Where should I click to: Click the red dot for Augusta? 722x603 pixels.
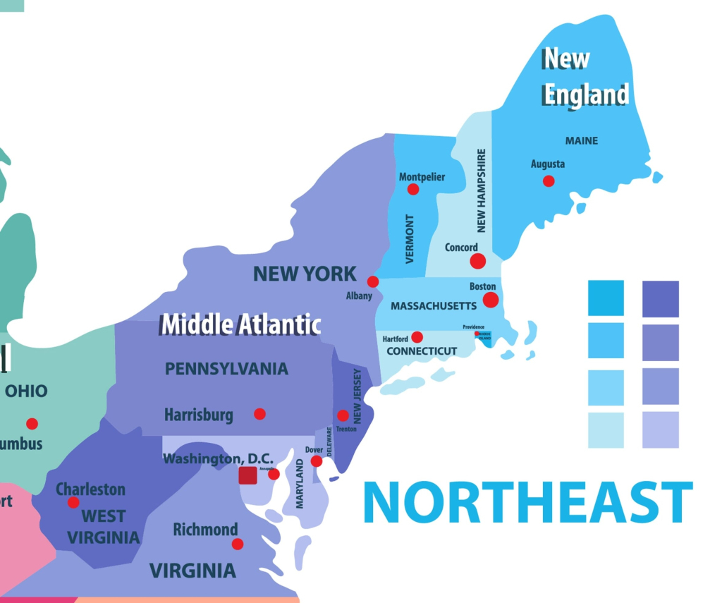(x=549, y=181)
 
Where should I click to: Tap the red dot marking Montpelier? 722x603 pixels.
(x=413, y=189)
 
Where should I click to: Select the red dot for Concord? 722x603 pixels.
(x=478, y=261)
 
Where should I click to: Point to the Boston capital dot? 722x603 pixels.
(x=491, y=300)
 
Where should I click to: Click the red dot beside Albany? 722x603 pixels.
(x=373, y=281)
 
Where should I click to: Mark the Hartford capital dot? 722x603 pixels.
(x=417, y=337)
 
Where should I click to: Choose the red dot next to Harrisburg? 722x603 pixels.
(x=259, y=413)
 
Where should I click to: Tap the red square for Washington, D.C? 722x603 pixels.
(x=247, y=475)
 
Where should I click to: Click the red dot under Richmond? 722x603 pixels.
(x=238, y=544)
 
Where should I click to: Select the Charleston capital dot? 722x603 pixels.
(x=73, y=502)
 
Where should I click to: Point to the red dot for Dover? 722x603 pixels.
(x=317, y=461)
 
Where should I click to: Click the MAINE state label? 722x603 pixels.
(x=582, y=140)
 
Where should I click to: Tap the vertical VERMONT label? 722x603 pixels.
(x=410, y=239)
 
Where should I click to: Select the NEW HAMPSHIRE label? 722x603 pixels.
(x=482, y=190)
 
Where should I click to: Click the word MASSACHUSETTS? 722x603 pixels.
(x=434, y=306)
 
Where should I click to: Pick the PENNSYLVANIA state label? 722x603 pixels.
(x=226, y=369)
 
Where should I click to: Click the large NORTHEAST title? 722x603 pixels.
(x=527, y=502)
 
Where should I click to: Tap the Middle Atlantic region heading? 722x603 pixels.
(x=241, y=324)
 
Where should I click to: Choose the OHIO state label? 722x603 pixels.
(x=26, y=391)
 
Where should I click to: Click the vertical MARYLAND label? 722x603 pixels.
(x=300, y=484)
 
